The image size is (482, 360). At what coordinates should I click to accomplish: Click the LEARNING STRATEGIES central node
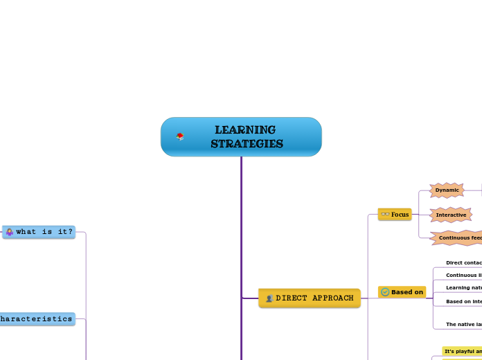[241, 137]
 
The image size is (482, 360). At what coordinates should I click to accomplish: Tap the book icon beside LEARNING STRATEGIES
[180, 136]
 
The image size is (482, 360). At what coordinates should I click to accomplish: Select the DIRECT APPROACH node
[310, 298]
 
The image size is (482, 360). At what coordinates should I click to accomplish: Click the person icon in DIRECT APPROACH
[269, 298]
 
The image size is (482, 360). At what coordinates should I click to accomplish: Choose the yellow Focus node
[395, 215]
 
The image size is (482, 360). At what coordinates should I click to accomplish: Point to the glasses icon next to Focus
[385, 215]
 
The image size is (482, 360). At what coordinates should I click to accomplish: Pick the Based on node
[402, 292]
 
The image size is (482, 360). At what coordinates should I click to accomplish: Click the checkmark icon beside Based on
[385, 292]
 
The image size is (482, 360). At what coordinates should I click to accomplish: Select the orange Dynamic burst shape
[447, 190]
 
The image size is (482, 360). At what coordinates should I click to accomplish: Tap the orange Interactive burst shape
[451, 215]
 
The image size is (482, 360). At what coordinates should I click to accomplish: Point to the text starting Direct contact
[463, 263]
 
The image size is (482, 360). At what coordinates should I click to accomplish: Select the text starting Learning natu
[463, 287]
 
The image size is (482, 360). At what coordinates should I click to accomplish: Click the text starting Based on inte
[463, 302]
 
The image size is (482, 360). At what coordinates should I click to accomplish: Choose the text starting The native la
[463, 324]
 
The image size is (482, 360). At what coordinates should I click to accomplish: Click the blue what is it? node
[39, 232]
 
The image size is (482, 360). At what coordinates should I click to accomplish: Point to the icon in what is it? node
[10, 232]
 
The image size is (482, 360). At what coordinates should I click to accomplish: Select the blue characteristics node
[36, 319]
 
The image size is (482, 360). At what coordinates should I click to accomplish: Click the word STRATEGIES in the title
[247, 144]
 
